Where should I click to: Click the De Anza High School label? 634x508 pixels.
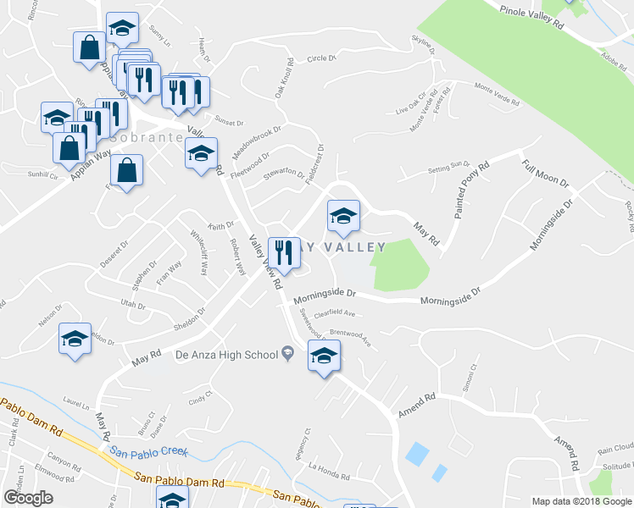point(226,354)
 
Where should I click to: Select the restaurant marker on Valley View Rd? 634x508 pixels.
point(282,251)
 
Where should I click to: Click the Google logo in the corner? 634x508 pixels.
point(28,498)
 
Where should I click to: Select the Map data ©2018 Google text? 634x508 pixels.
point(581,501)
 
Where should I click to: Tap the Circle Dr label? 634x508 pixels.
point(322,59)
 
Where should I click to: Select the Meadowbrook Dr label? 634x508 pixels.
point(256,142)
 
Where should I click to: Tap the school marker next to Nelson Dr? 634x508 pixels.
point(75,340)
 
